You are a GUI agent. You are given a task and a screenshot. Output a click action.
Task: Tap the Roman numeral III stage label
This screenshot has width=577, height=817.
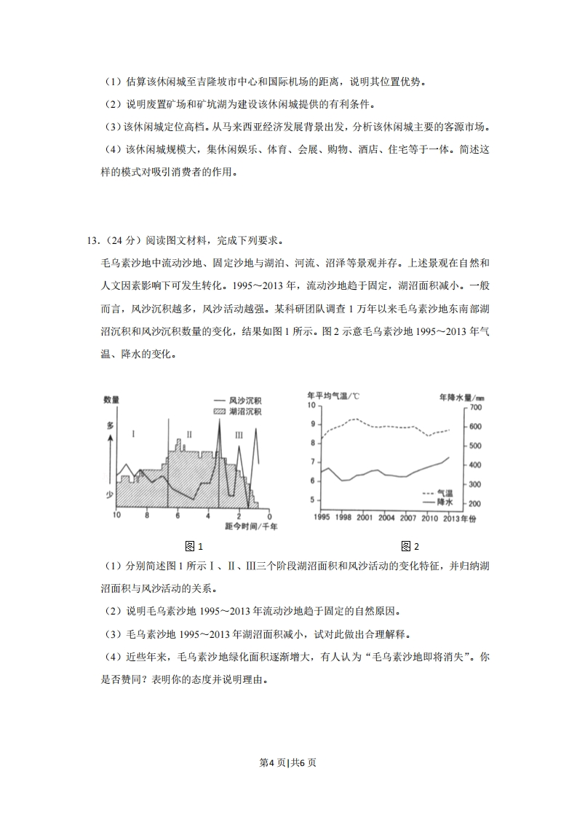(x=239, y=435)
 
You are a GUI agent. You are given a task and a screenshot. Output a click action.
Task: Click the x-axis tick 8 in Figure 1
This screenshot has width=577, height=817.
(x=147, y=516)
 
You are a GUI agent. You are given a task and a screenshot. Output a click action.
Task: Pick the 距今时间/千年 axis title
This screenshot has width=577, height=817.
(x=246, y=525)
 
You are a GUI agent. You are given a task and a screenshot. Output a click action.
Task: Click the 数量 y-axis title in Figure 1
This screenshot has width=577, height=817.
(x=111, y=400)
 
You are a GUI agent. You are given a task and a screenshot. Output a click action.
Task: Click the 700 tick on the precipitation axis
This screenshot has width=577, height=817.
(x=477, y=406)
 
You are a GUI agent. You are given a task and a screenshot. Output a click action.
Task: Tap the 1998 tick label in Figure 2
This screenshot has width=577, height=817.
(x=343, y=518)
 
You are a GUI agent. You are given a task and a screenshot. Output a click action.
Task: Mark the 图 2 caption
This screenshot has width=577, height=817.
(x=410, y=547)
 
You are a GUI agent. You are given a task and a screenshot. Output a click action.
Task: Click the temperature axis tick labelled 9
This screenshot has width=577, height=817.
(x=313, y=425)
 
